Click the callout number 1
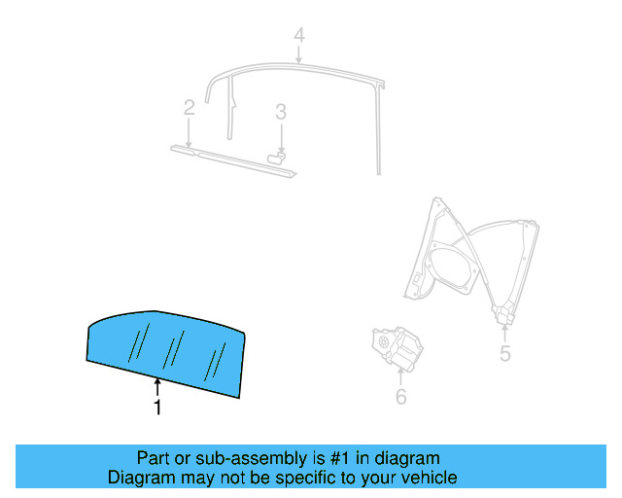156,408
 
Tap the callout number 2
190,108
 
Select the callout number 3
280,112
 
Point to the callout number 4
299,36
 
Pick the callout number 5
505,353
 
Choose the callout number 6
400,396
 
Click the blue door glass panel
165,349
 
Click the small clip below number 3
278,155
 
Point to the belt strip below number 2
233,161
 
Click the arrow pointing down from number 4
299,55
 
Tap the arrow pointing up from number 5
505,333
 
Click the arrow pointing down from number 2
190,132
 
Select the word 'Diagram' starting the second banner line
139,478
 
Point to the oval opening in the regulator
452,268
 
